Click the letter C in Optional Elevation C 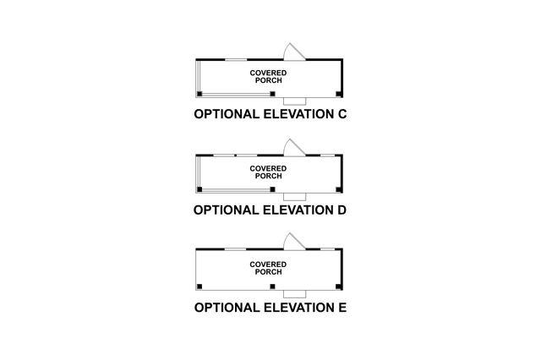click(342, 114)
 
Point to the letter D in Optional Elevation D click(342, 210)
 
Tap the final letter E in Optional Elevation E click(342, 307)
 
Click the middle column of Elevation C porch click(272, 93)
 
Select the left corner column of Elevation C click(199, 93)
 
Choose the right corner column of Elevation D click(339, 189)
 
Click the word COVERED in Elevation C click(268, 74)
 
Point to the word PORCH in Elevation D click(268, 176)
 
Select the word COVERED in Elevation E click(268, 265)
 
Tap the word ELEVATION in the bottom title click(292, 307)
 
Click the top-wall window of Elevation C click(236, 59)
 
